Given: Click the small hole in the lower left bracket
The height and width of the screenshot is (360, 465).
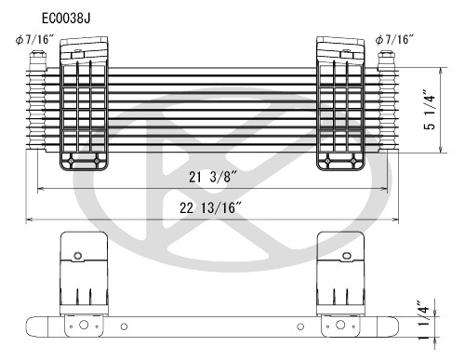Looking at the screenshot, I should (78, 255).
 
